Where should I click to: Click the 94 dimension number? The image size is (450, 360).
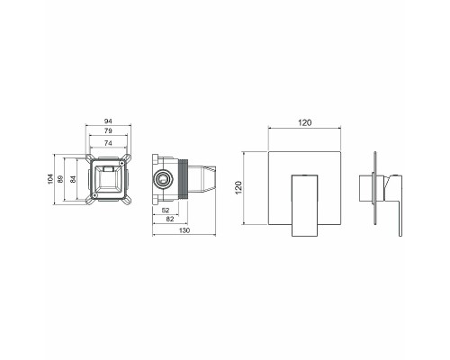[x=108, y=120]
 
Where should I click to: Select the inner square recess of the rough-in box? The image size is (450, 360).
[x=108, y=181]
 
